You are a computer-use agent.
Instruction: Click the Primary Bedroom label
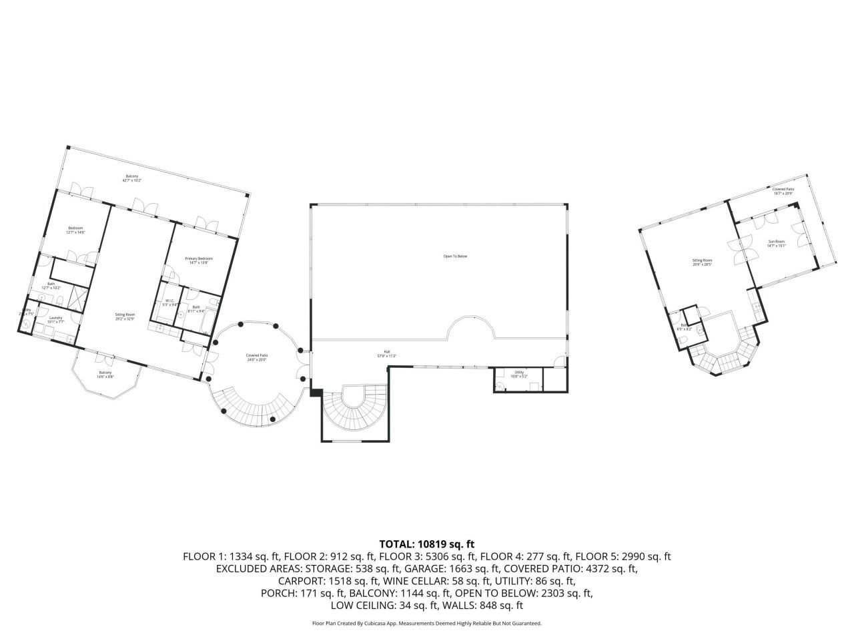pyautogui.click(x=199, y=260)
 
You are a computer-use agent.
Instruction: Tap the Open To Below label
pyautogui.click(x=456, y=256)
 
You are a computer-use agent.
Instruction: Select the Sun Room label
pyautogui.click(x=776, y=243)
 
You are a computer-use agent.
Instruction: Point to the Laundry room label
pyautogui.click(x=56, y=319)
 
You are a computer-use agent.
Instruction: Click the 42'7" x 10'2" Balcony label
pyautogui.click(x=131, y=178)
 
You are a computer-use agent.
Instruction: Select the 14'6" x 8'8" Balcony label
pyautogui.click(x=105, y=375)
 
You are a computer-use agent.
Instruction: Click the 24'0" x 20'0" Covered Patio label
pyautogui.click(x=256, y=358)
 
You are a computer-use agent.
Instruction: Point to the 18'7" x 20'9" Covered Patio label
pyautogui.click(x=783, y=191)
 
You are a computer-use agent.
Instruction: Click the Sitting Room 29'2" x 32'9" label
pyautogui.click(x=125, y=316)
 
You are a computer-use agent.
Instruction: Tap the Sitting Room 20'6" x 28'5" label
pyautogui.click(x=702, y=262)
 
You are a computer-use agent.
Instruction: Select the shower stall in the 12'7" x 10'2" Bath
pyautogui.click(x=79, y=295)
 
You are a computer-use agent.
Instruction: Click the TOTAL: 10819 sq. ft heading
pyautogui.click(x=426, y=544)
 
